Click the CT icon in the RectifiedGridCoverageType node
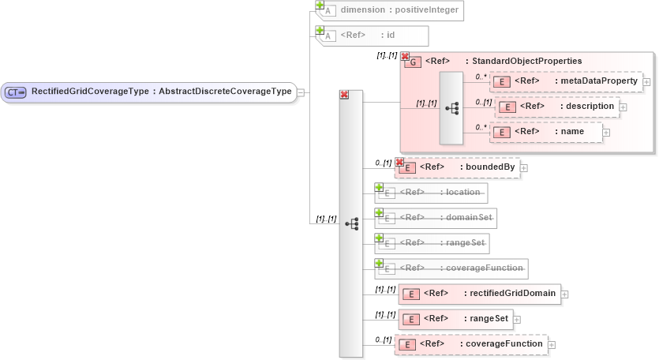pyautogui.click(x=16, y=92)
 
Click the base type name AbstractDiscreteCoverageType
pyautogui.click(x=225, y=92)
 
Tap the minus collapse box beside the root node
pyautogui.click(x=301, y=92)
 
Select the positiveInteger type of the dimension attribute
pyautogui.click(x=423, y=10)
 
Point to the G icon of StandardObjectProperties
pyautogui.click(x=412, y=62)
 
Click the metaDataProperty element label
pyautogui.click(x=596, y=81)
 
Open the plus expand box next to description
pyautogui.click(x=623, y=107)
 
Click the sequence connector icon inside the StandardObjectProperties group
pyautogui.click(x=451, y=107)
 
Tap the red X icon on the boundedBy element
pyautogui.click(x=399, y=163)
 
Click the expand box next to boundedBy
pyautogui.click(x=523, y=167)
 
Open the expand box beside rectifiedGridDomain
pyautogui.click(x=564, y=294)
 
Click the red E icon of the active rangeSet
pyautogui.click(x=410, y=319)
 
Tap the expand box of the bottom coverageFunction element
pyautogui.click(x=552, y=345)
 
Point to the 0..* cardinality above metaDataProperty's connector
pyautogui.click(x=481, y=77)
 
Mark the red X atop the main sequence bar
pyautogui.click(x=344, y=95)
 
